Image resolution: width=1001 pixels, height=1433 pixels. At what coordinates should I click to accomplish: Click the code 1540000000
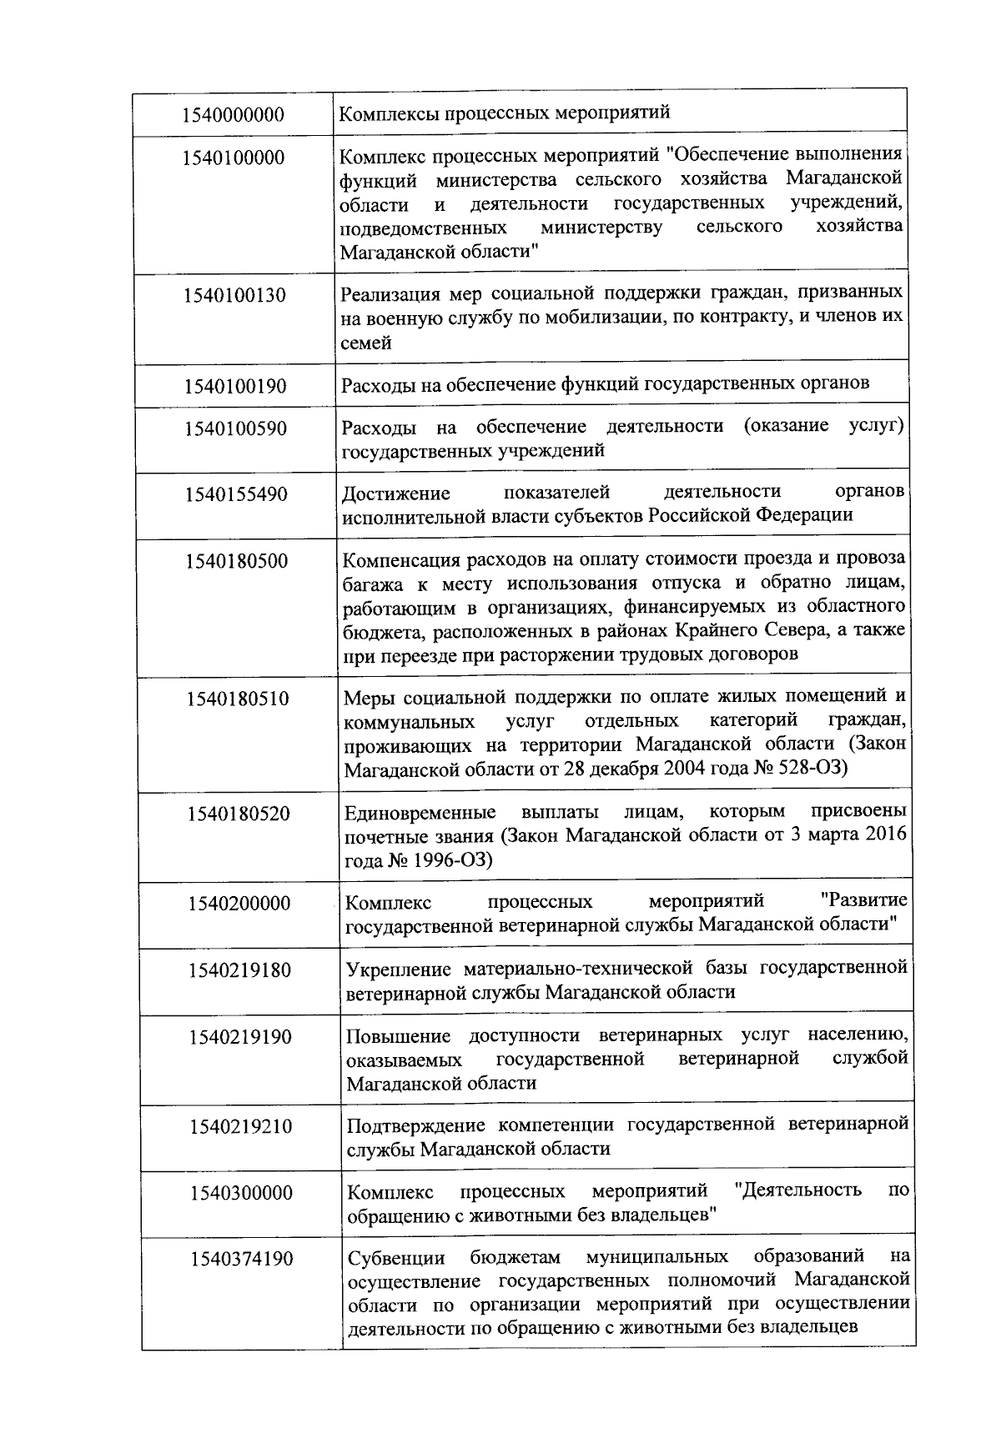pos(234,115)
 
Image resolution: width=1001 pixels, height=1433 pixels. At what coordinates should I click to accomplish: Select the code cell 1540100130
pos(234,295)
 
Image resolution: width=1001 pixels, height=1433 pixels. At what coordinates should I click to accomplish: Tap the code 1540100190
pos(235,387)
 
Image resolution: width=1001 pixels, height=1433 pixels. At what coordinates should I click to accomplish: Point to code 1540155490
pos(236,494)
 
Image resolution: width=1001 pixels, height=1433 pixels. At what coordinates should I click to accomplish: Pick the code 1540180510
pos(238,699)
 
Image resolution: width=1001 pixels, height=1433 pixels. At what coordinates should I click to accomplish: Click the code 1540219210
pos(240,1127)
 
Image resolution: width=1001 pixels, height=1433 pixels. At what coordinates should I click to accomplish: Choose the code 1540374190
pos(241,1259)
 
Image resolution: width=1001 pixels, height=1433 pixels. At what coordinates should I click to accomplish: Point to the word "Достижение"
pos(395,494)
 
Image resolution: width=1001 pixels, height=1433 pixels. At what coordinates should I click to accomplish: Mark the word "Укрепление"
pos(398,969)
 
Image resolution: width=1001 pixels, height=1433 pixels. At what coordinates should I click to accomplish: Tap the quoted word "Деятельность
pos(800,1190)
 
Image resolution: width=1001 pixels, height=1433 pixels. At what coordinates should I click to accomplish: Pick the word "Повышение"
pos(398,1036)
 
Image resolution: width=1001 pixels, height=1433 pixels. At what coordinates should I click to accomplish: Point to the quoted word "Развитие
pos(864,900)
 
